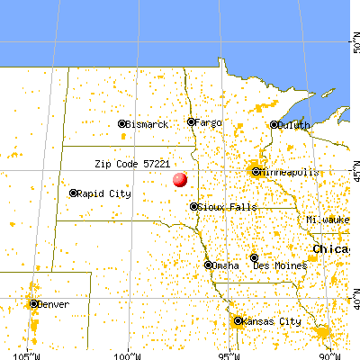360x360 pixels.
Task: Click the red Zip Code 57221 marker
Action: click(180, 179)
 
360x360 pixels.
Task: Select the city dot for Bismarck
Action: click(121, 124)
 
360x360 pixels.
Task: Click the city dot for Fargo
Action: click(191, 121)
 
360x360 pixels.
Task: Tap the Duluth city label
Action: click(294, 126)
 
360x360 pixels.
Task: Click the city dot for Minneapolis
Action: click(256, 171)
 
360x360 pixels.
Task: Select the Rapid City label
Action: click(105, 193)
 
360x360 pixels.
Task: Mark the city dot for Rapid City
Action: click(73, 193)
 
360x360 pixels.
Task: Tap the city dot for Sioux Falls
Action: click(193, 207)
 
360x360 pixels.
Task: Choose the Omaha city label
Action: click(226, 265)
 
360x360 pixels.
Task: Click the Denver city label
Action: click(51, 304)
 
